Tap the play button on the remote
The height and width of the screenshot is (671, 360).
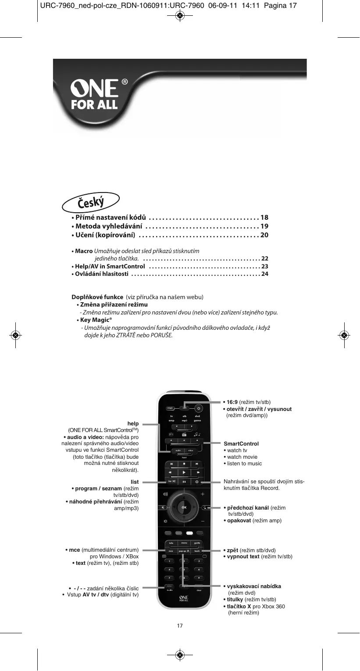tap(184, 472)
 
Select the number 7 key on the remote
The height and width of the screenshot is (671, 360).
tap(169, 578)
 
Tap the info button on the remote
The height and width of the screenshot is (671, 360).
tap(171, 543)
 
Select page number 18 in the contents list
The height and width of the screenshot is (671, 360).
tap(264, 218)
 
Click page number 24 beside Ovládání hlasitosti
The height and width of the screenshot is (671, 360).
tap(264, 275)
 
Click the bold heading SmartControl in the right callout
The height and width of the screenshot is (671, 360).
tap(241, 444)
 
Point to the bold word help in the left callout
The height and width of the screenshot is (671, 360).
tap(133, 424)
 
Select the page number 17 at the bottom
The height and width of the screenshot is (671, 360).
tap(180, 625)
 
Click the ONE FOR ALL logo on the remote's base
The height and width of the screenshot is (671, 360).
tap(184, 599)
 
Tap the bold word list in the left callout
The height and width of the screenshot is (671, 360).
tap(135, 482)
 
